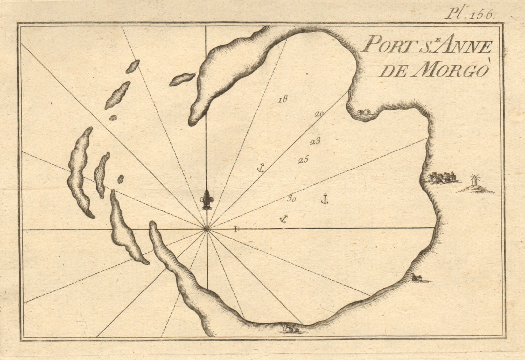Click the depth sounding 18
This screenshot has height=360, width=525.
(x=282, y=99)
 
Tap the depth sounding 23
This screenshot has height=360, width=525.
(x=315, y=142)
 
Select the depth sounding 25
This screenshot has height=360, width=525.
(x=303, y=160)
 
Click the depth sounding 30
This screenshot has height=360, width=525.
(x=291, y=198)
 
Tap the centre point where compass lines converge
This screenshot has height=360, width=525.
(x=206, y=229)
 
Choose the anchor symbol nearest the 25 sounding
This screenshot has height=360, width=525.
(x=260, y=168)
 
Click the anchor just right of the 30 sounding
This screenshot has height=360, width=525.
(x=324, y=199)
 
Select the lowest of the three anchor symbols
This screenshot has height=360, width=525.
(x=283, y=218)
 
